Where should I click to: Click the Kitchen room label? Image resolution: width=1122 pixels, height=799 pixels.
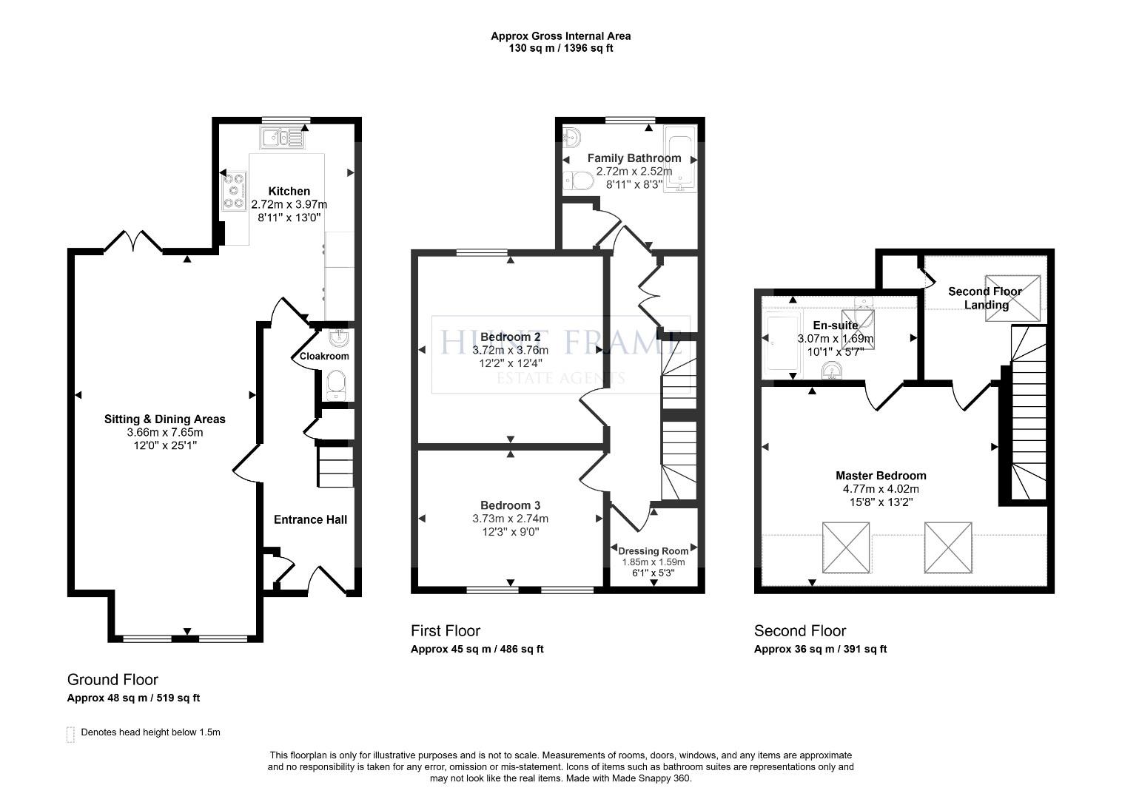(289, 191)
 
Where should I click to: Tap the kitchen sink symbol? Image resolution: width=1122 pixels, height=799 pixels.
(282, 138)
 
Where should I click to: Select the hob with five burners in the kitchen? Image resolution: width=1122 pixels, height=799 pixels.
(235, 191)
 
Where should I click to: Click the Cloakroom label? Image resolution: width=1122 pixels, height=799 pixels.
(324, 357)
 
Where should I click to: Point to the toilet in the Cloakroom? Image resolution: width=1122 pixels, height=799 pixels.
(335, 385)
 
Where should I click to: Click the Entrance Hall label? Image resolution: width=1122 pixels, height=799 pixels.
(310, 519)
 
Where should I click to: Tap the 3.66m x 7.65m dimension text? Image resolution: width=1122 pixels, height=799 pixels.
(165, 432)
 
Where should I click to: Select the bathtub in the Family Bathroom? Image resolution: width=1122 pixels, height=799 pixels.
(679, 159)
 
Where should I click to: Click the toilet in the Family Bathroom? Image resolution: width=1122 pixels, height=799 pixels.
(579, 181)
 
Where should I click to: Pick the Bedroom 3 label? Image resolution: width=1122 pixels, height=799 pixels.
(511, 505)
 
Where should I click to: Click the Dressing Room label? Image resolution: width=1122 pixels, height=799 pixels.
(654, 550)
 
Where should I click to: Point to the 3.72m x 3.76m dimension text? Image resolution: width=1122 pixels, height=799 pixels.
(511, 350)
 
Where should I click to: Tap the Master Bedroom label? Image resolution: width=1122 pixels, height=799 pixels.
(881, 476)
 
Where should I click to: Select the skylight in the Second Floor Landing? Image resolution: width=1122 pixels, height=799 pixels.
(1012, 298)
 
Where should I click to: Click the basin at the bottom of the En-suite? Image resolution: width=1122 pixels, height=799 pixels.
(831, 371)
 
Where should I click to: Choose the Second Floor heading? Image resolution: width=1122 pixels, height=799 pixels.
(800, 630)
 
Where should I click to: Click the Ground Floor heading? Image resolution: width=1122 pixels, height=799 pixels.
(112, 679)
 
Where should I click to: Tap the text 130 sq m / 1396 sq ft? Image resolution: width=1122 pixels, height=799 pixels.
(561, 48)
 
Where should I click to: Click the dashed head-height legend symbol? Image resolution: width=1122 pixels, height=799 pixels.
(70, 734)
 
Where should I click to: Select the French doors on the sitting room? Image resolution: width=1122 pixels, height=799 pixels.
(132, 240)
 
